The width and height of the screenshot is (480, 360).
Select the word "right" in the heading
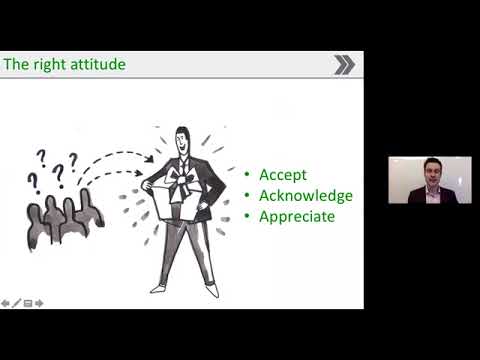tap(48, 65)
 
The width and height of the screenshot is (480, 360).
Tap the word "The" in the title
tap(18, 65)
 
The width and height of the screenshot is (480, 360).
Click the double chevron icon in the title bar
tap(344, 65)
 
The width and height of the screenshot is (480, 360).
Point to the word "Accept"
tap(282, 175)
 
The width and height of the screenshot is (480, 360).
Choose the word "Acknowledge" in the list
tap(305, 195)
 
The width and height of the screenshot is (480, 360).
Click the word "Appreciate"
tap(297, 215)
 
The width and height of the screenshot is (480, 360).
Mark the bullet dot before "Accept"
tap(247, 176)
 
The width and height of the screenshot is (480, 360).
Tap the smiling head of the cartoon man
tap(182, 141)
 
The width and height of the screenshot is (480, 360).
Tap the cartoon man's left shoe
tap(157, 287)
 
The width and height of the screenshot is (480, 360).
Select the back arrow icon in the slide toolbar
tap(5, 302)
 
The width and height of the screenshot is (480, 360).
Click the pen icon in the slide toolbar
tap(16, 302)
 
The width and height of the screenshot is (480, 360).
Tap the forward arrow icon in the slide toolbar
tap(39, 302)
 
